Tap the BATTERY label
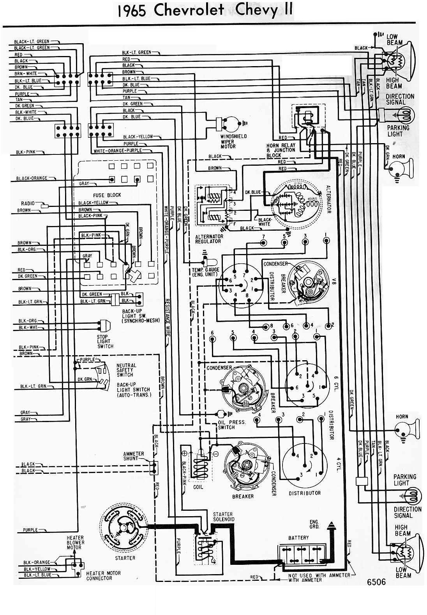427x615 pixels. tap(298, 537)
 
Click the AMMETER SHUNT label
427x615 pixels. tap(134, 456)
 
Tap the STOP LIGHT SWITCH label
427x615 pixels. tap(105, 342)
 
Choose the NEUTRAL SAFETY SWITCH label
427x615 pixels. tap(126, 370)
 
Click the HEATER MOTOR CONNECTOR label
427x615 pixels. tap(103, 575)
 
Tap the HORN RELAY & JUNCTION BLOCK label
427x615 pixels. tap(285, 150)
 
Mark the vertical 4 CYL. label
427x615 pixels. tap(338, 466)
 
